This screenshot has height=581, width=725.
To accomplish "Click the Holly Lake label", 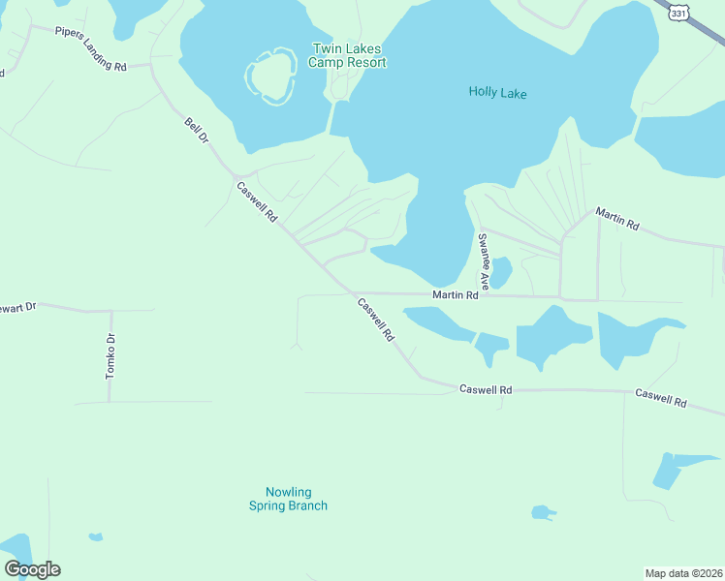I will [497, 93].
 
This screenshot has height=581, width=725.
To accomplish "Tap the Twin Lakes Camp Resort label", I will [347, 56].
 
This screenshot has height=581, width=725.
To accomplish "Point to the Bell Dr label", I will [197, 133].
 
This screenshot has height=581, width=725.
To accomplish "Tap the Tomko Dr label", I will [110, 355].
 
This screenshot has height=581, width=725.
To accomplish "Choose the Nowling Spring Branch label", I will [288, 499].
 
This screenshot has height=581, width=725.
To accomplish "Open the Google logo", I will [32, 569].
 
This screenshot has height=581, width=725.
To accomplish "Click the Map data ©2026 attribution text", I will [683, 572].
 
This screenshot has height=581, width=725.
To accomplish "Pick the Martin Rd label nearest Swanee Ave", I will [456, 294].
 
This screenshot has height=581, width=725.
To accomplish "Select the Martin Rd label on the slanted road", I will [617, 219].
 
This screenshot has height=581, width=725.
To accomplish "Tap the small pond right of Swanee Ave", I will [500, 272].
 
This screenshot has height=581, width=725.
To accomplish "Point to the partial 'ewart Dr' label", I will [17, 307].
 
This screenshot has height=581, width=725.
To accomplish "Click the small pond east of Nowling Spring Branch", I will [543, 512].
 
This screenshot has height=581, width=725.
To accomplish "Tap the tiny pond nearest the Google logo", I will [95, 536].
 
